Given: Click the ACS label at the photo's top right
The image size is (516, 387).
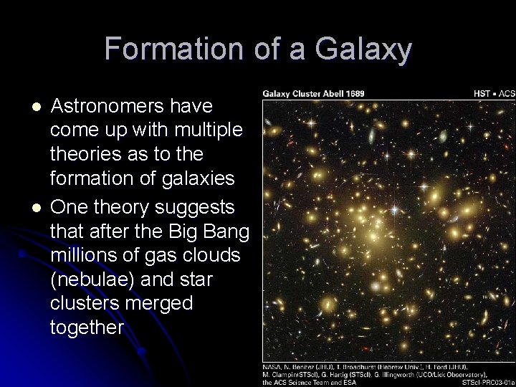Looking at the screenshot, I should coord(507,93).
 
